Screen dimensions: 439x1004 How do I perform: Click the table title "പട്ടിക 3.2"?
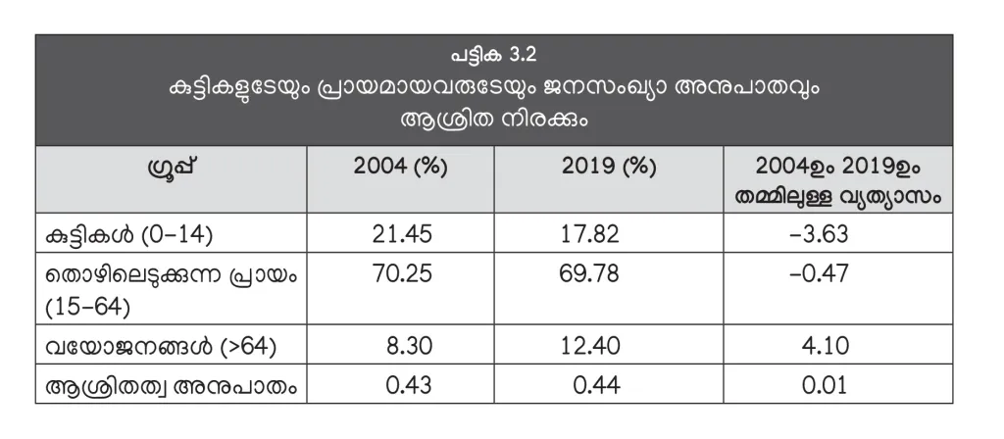point(501,53)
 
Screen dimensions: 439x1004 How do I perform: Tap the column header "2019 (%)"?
point(608,166)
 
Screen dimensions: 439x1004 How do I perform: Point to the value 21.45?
point(402,235)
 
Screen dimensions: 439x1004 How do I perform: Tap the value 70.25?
point(402,275)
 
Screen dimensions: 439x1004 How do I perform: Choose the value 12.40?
point(594,346)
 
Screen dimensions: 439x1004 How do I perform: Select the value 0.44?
point(594,385)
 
